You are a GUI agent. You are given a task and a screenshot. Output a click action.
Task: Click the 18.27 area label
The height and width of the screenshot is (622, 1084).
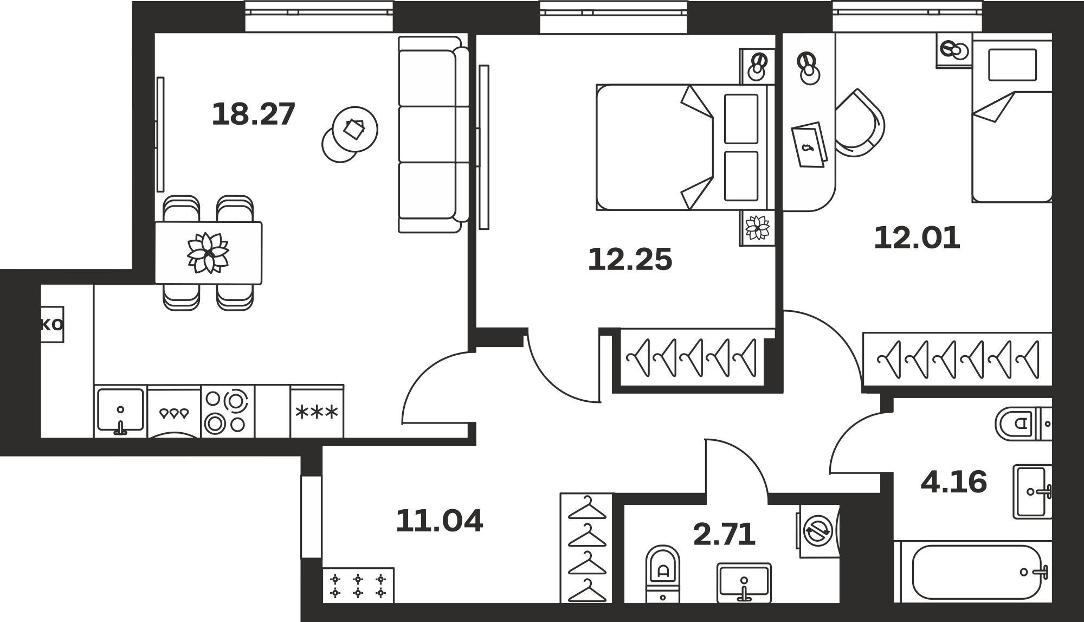coord(254,114)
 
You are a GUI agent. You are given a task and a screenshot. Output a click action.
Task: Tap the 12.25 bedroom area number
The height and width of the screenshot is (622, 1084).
coord(630,259)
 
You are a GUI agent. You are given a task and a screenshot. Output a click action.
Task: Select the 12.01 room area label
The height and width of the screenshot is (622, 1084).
coord(917,238)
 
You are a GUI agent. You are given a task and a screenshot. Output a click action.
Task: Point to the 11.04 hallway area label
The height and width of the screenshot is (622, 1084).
coord(439,521)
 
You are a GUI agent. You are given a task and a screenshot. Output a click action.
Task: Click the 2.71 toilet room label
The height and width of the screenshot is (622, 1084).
coord(724,535)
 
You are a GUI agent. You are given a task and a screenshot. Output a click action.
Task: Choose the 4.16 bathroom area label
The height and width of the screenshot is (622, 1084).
coord(954,482)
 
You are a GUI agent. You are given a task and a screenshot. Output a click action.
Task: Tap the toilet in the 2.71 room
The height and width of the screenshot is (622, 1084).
coord(663,573)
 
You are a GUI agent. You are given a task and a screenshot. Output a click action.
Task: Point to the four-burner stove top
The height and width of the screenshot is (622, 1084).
coord(228,412)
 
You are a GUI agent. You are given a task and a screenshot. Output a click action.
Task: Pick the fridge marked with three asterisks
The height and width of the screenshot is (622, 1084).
coord(317,412)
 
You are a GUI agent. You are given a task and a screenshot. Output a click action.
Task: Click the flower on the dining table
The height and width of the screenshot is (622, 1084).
coord(208,253)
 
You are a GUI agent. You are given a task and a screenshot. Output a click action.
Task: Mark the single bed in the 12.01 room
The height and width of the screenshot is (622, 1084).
coord(1012,118)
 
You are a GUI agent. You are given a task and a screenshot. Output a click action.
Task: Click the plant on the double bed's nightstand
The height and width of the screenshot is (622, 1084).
coord(757,228)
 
